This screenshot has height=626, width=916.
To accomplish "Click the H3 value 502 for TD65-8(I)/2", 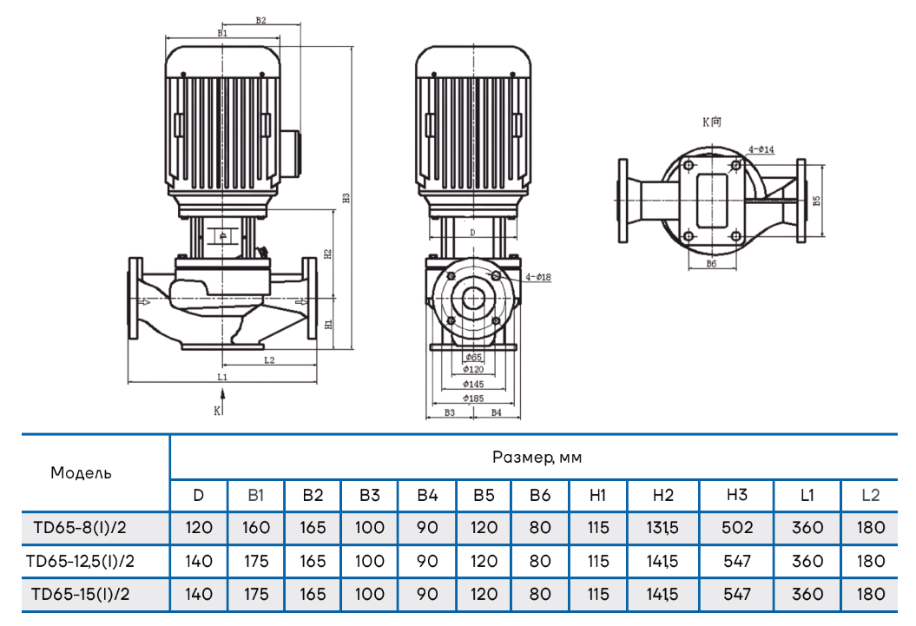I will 735,527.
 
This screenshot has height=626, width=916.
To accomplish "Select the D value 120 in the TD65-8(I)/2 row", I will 198,527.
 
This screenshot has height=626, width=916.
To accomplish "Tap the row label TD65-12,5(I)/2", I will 81,561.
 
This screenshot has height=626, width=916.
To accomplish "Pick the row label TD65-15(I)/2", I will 81,595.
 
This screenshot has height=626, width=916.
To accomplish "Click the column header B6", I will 541,495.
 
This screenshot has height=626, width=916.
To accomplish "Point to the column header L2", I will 870,495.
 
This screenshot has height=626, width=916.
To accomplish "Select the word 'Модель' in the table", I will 81,473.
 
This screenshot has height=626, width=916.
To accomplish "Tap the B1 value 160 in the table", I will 255,527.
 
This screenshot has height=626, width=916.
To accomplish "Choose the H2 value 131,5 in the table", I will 662,527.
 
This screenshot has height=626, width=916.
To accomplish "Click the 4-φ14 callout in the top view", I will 761,149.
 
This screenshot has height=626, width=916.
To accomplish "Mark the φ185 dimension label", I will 473,398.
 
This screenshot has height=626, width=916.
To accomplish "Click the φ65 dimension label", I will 473,357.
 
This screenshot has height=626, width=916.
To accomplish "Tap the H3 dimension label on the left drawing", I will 346,197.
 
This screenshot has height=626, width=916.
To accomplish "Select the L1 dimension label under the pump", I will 221,378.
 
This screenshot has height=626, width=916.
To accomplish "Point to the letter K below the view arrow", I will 217,409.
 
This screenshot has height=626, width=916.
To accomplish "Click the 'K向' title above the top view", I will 712,122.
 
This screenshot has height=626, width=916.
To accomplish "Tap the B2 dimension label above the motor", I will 260,20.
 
